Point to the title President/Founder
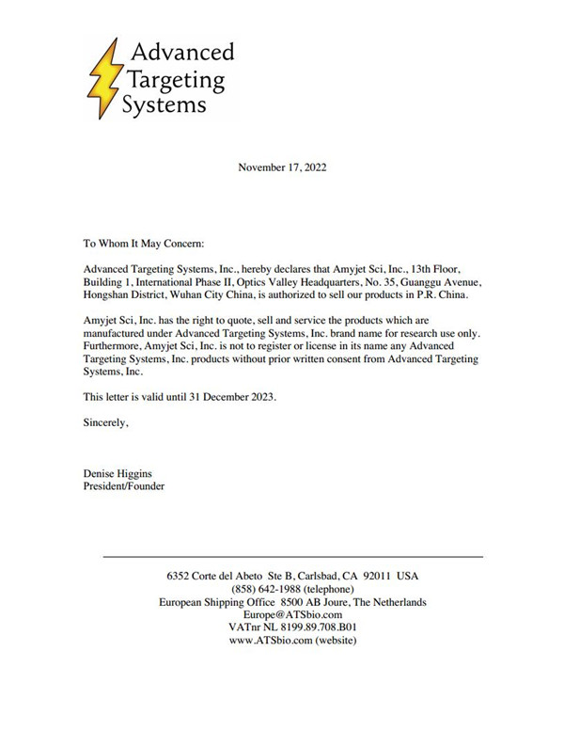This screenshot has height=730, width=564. click(124, 487)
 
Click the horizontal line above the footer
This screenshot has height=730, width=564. click(291, 557)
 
